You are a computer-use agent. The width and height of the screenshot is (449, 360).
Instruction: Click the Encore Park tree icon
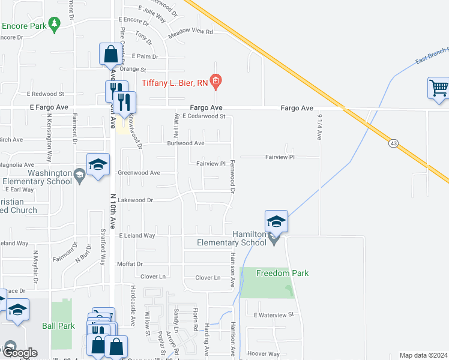click(55, 23)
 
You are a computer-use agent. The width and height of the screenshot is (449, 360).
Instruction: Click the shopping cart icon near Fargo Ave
click(439, 88)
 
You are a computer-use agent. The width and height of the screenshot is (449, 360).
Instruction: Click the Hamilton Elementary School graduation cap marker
click(277, 221)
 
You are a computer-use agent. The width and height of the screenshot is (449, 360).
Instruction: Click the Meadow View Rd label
click(191, 32)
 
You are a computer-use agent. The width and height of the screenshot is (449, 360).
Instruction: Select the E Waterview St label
click(273, 314)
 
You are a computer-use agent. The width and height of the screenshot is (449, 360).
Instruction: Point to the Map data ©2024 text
click(423, 355)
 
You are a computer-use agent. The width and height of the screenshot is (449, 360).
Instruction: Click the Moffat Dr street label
click(130, 264)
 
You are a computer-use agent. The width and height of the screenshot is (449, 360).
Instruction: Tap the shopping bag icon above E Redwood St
click(110, 55)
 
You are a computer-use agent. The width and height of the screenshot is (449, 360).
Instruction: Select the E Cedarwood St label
click(203, 116)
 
